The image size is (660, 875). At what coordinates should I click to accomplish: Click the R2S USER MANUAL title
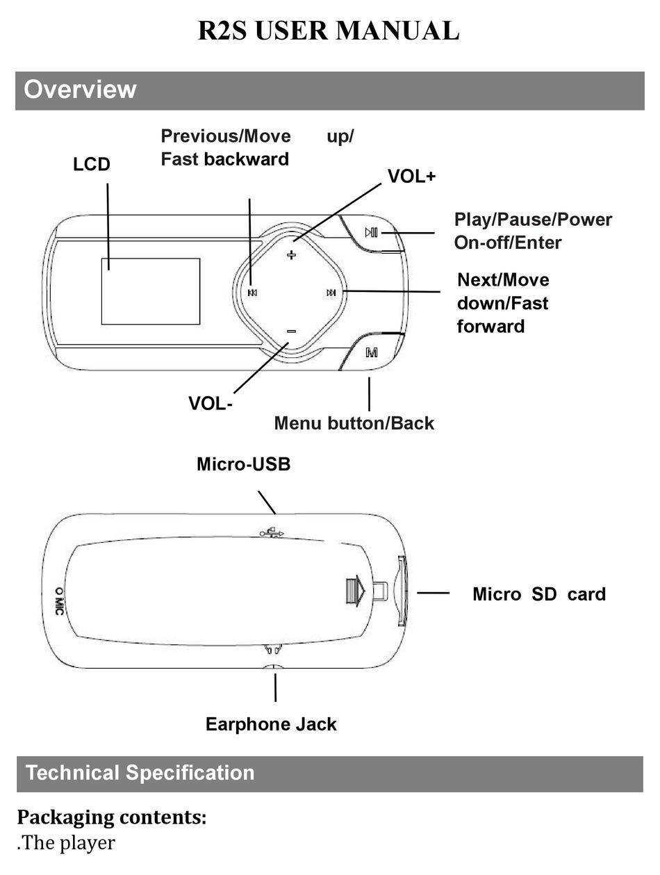(329, 31)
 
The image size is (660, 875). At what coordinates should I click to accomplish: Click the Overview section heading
(80, 90)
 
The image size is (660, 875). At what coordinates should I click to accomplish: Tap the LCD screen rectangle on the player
(151, 291)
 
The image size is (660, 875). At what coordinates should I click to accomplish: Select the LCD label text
(92, 165)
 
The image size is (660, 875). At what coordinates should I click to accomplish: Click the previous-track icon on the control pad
(252, 293)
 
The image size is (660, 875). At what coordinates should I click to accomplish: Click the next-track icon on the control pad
(331, 293)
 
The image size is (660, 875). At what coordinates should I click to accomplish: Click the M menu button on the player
(372, 352)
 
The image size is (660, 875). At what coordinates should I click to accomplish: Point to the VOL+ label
(411, 177)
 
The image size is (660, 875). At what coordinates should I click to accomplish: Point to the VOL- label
(211, 403)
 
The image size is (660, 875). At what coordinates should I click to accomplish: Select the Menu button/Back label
(354, 423)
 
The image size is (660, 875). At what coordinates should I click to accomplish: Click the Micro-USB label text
(243, 464)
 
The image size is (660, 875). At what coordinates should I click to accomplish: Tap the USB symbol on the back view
(272, 533)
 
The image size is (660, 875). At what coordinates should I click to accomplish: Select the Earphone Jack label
(271, 724)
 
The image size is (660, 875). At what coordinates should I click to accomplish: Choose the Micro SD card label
(538, 594)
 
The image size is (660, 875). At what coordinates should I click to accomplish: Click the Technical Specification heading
(140, 773)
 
